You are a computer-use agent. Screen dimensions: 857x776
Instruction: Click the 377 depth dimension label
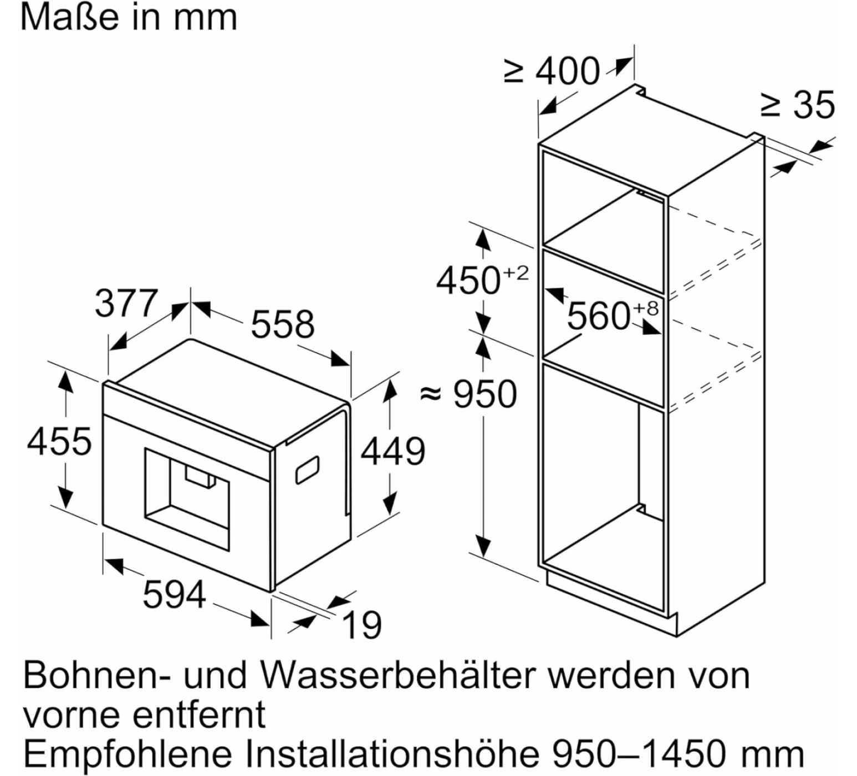pos(126,304)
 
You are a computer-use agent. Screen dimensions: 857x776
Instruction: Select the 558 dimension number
pos(283,324)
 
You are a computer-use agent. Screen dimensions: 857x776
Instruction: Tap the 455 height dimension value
pos(59,441)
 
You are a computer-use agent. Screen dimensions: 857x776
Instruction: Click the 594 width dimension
pos(175,594)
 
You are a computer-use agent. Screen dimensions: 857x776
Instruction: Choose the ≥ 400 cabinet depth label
pos(552,71)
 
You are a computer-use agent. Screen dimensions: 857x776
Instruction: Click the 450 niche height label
pos(468,280)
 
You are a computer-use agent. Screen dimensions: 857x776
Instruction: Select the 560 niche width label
pos(599,316)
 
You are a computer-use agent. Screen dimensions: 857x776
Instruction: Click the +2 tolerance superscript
pos(516,273)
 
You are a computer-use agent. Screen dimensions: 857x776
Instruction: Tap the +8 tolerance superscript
pos(645,308)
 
